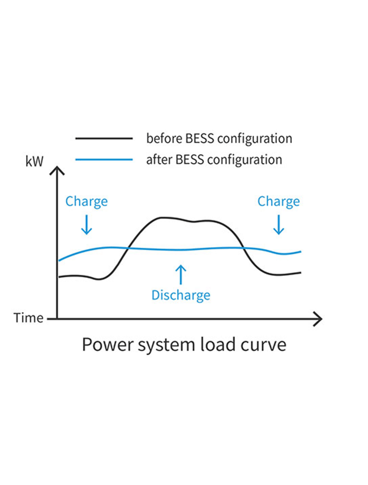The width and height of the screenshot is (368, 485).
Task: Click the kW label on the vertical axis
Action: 35,161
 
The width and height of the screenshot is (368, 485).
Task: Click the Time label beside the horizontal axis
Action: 28,318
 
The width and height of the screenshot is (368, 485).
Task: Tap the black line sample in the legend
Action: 104,139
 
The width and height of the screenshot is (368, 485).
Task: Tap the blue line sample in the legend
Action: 104,160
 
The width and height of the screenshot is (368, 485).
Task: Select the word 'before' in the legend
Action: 164,138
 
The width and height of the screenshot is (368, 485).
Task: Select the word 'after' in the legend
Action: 160,160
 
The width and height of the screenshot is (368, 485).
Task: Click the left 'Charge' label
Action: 87,202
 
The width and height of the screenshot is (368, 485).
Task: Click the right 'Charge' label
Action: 279,202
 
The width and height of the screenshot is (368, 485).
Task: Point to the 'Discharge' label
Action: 181,295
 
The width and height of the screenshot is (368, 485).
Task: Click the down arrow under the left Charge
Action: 87,225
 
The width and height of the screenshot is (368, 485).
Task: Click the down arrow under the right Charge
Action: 279,225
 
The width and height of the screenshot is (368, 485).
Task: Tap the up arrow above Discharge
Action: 181,275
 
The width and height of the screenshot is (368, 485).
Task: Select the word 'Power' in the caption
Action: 108,344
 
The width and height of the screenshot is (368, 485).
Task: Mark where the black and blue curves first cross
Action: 128,248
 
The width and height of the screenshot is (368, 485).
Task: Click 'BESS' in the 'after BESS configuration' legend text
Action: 190,160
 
